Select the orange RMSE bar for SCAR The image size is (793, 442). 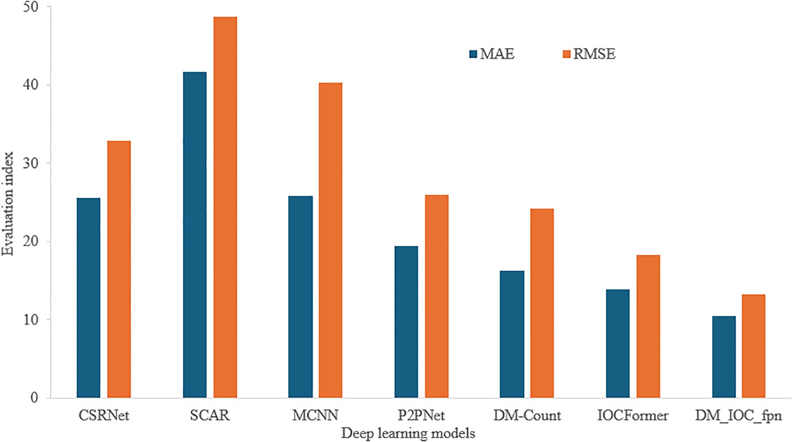(x=225, y=207)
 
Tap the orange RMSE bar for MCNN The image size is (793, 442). (x=330, y=240)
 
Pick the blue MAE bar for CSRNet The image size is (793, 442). (x=88, y=298)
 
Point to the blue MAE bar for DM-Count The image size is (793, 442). (x=512, y=334)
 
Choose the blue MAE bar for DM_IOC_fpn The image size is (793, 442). (x=724, y=357)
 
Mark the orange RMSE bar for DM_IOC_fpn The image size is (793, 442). (x=754, y=346)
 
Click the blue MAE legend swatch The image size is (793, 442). (x=473, y=54)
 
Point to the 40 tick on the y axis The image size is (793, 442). (x=32, y=85)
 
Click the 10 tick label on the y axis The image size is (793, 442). (x=32, y=319)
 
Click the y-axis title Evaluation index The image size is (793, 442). (x=8, y=203)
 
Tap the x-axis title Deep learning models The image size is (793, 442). (x=408, y=433)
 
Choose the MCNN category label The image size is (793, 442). (x=315, y=416)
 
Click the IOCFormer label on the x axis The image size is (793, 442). (x=633, y=416)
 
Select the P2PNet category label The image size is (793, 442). (x=421, y=416)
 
